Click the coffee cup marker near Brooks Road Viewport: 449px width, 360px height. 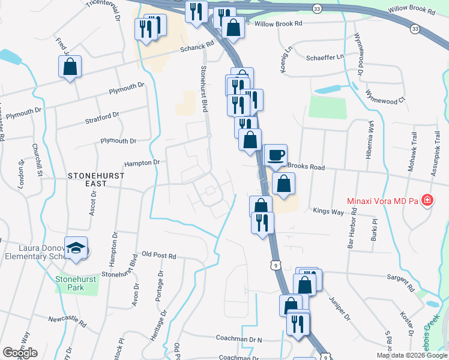coord(276,155)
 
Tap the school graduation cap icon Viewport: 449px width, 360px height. coord(76,248)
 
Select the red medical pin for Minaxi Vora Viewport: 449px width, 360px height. coord(427,200)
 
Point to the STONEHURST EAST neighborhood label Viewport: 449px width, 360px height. coord(96,176)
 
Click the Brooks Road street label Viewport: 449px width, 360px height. coord(306,167)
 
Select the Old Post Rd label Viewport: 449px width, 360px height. coord(159,256)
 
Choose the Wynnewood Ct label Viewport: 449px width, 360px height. coord(386,97)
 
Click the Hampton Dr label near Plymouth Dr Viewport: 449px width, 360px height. coord(142,163)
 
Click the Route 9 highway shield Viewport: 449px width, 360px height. coord(276,264)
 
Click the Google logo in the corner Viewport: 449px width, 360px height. coord(20,353)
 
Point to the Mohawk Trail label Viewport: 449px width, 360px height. coord(412,157)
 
